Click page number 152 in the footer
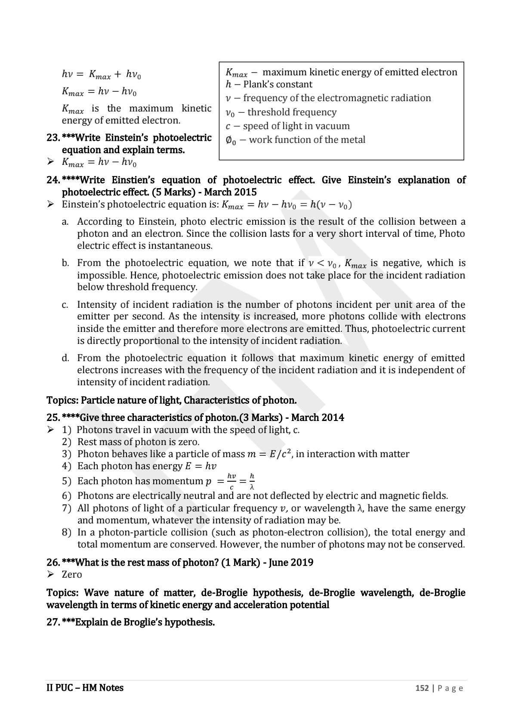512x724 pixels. coord(422,688)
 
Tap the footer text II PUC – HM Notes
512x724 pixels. coord(85,688)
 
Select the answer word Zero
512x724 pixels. coord(72,574)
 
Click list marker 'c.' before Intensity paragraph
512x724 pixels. coord(65,305)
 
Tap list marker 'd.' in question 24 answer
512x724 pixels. coord(65,358)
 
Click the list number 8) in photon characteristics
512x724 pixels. coord(66,532)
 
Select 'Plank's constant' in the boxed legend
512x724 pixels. coord(278,84)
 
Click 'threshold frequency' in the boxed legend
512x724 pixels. coord(292,112)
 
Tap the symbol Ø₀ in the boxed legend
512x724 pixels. coord(231,140)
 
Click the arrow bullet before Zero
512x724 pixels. coord(51,574)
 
